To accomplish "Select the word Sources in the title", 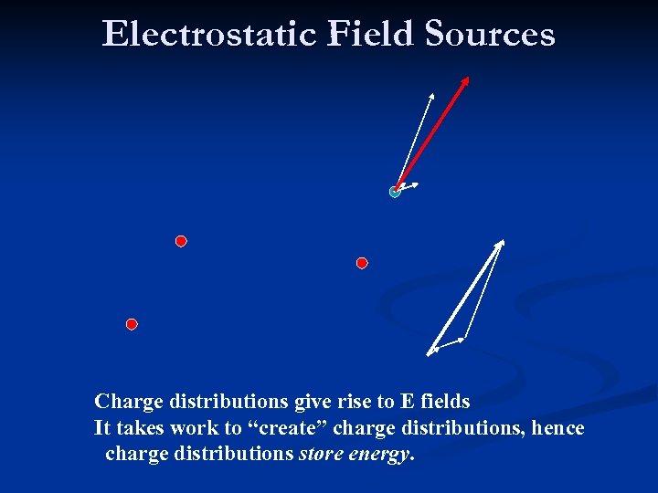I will [489, 34].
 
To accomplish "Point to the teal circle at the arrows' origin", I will [395, 192].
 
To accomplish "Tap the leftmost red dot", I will [132, 324].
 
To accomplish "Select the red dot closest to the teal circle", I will [362, 263].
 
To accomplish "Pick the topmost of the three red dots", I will [181, 241].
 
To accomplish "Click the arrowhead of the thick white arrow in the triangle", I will [501, 243].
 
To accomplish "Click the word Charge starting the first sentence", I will [129, 401].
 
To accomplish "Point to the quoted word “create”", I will [289, 427].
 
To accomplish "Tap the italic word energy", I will [380, 454].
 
